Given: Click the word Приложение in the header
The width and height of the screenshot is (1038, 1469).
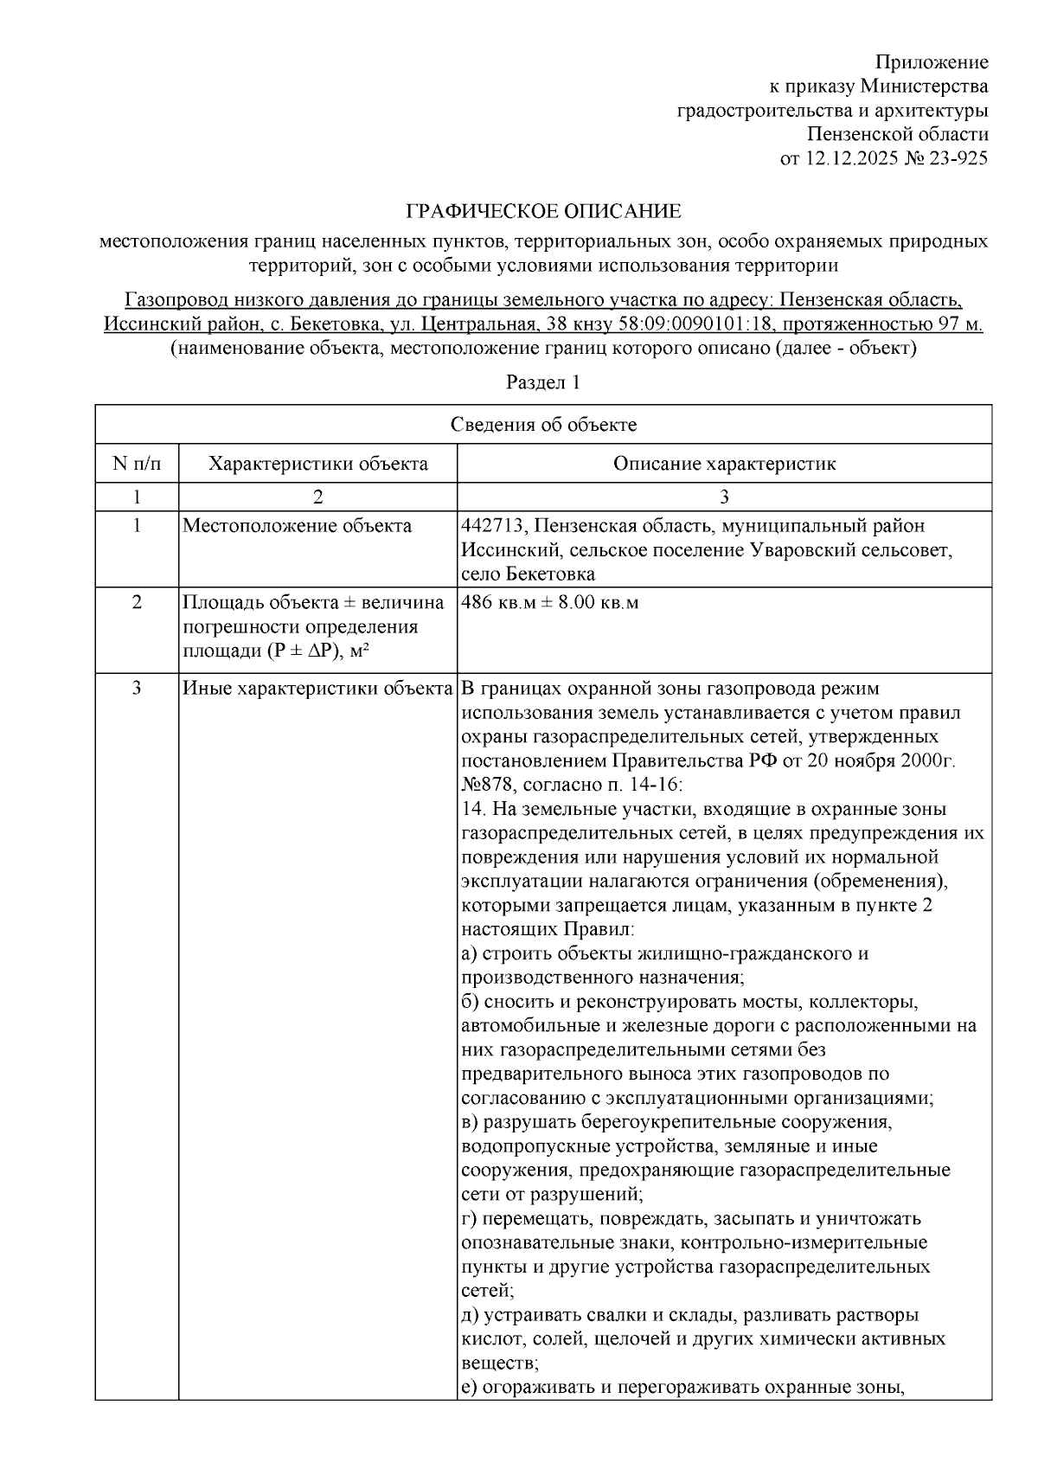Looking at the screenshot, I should coord(932,62).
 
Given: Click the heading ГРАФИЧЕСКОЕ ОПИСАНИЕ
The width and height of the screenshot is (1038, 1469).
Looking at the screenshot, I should coord(543,212).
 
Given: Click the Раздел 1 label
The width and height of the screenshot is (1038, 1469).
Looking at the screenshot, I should coord(542,382).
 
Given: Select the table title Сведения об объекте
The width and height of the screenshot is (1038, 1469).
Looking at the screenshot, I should coord(543,424).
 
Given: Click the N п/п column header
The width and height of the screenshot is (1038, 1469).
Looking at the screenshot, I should coord(136,463).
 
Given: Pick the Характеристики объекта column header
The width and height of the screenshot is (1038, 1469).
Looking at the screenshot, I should coord(317,463).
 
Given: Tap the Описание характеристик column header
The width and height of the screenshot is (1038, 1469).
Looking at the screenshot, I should coord(724,463).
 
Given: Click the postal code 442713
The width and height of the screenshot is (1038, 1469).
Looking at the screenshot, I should coord(490,526).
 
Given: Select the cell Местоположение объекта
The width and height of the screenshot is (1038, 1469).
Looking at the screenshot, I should coord(297,526).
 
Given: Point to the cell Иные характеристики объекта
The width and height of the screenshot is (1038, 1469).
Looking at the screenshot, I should coord(317,689).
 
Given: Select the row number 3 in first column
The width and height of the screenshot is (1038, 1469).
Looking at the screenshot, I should coord(136,689).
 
